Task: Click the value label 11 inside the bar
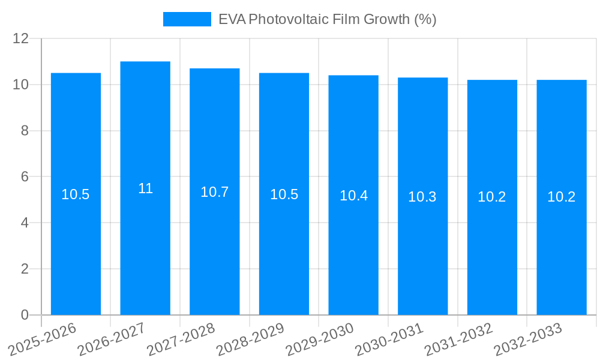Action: tap(145, 188)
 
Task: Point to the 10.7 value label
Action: tap(215, 192)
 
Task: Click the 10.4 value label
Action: tap(353, 196)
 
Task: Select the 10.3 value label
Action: tap(422, 197)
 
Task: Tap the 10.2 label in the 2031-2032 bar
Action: tap(492, 197)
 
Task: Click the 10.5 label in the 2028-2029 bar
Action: tap(284, 194)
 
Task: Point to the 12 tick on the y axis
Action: tap(21, 38)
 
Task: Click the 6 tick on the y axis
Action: tap(25, 177)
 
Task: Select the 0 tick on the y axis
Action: tap(25, 315)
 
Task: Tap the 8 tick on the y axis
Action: tap(25, 131)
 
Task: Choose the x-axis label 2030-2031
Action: tap(389, 340)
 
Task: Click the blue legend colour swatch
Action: tap(187, 19)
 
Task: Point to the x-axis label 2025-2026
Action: tap(43, 340)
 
